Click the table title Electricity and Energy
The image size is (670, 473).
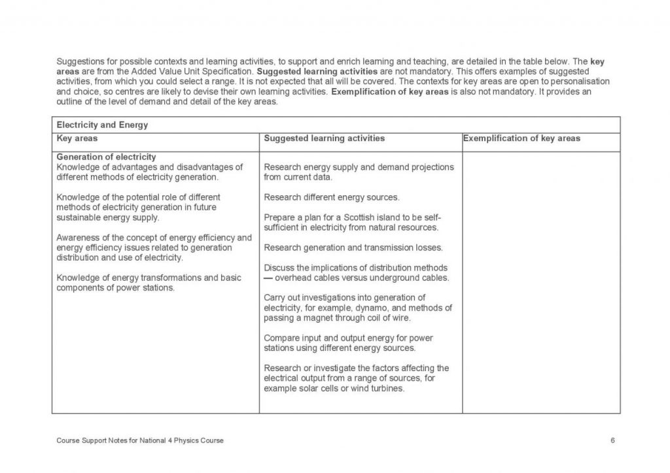tap(102, 125)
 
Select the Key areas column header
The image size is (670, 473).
tap(77, 139)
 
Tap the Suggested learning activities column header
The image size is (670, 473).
tap(324, 139)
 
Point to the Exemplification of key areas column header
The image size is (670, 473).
tap(521, 139)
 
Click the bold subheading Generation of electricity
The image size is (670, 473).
tap(106, 157)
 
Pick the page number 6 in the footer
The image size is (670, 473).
tap(612, 440)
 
